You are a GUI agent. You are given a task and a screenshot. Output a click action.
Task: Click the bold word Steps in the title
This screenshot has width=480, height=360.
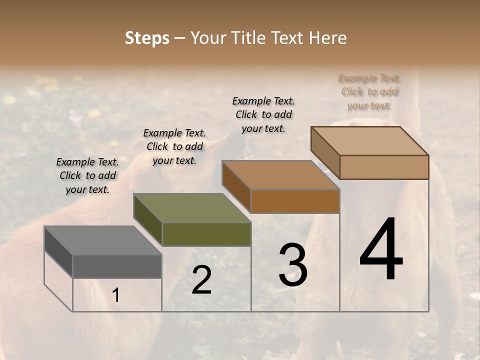tap(147, 38)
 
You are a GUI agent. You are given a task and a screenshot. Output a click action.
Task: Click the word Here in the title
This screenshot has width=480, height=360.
tap(327, 38)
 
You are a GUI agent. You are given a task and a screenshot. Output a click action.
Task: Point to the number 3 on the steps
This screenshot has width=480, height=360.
tap(293, 265)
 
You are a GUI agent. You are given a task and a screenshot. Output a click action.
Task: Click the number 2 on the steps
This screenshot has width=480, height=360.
tap(201, 280)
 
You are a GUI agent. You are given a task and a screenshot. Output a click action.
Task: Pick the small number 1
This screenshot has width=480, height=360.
tap(116, 295)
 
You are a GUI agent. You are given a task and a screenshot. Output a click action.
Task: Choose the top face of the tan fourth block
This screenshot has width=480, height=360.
tap(370, 141)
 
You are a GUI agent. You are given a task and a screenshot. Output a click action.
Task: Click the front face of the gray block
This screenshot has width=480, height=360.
tap(117, 266)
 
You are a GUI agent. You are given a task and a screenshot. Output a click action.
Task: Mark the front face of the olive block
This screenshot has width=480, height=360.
tap(206, 234)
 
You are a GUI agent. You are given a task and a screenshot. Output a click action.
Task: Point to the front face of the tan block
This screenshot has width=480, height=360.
tap(384, 167)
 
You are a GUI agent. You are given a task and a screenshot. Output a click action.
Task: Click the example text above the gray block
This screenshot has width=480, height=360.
tap(87, 175)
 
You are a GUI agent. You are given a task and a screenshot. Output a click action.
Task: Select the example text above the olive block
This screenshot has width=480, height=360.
tap(174, 146)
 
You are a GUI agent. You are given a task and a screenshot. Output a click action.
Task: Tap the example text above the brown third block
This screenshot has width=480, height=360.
tap(263, 114)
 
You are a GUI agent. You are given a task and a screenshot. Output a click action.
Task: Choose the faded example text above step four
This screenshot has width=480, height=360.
tap(369, 92)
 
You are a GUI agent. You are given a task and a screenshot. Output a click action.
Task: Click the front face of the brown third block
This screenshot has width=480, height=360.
tap(295, 201)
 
